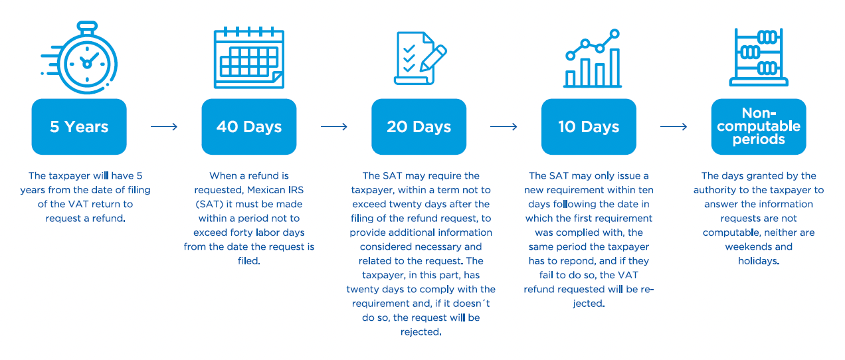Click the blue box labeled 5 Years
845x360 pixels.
[79, 127]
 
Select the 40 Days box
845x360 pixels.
[249, 127]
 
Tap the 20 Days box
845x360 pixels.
[419, 127]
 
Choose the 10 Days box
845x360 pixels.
[589, 127]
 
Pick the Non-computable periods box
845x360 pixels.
[759, 127]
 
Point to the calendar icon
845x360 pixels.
[249, 58]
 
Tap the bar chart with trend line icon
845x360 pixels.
[593, 58]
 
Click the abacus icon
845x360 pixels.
[759, 57]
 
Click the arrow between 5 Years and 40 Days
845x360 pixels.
[164, 127]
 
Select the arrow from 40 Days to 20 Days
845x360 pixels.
[334, 127]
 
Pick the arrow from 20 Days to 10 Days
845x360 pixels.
[504, 127]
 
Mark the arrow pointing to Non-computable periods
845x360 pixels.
[674, 127]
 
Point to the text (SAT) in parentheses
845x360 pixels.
[209, 204]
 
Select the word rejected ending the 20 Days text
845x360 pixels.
[420, 332]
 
